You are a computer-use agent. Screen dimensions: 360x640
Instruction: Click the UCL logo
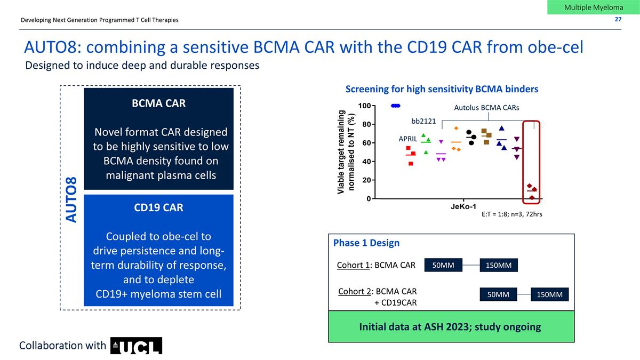(x=136, y=346)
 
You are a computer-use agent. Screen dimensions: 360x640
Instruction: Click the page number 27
(x=618, y=20)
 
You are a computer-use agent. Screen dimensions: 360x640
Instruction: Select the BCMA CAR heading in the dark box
(x=159, y=103)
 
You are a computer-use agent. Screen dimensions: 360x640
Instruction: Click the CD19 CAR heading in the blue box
(x=159, y=207)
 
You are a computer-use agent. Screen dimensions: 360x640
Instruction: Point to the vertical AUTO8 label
(x=71, y=200)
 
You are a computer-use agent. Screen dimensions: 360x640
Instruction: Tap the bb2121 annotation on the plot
(x=423, y=121)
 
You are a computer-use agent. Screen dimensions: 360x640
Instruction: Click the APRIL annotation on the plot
(x=408, y=139)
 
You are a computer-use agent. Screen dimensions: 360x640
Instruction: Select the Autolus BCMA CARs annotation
(x=486, y=108)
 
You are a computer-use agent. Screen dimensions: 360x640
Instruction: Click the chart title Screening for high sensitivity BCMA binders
(x=442, y=89)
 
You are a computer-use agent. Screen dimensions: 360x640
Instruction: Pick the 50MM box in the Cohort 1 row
(x=443, y=265)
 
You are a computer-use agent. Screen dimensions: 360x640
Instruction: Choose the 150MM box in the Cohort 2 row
(x=550, y=294)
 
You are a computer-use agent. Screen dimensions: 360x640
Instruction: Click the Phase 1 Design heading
(x=366, y=243)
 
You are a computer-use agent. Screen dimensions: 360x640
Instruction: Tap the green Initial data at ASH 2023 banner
(x=451, y=327)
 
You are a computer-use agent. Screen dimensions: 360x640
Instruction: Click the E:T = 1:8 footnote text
(x=511, y=215)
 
